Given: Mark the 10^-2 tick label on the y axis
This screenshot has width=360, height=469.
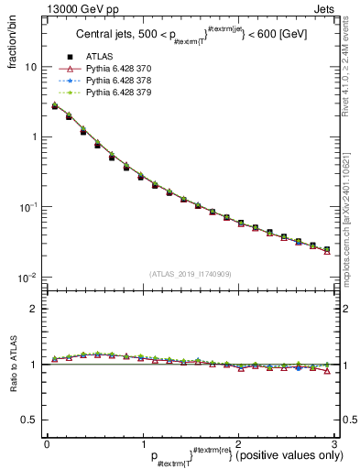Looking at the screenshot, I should [27, 277].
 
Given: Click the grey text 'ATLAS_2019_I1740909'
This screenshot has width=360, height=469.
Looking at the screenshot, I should [190, 273].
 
